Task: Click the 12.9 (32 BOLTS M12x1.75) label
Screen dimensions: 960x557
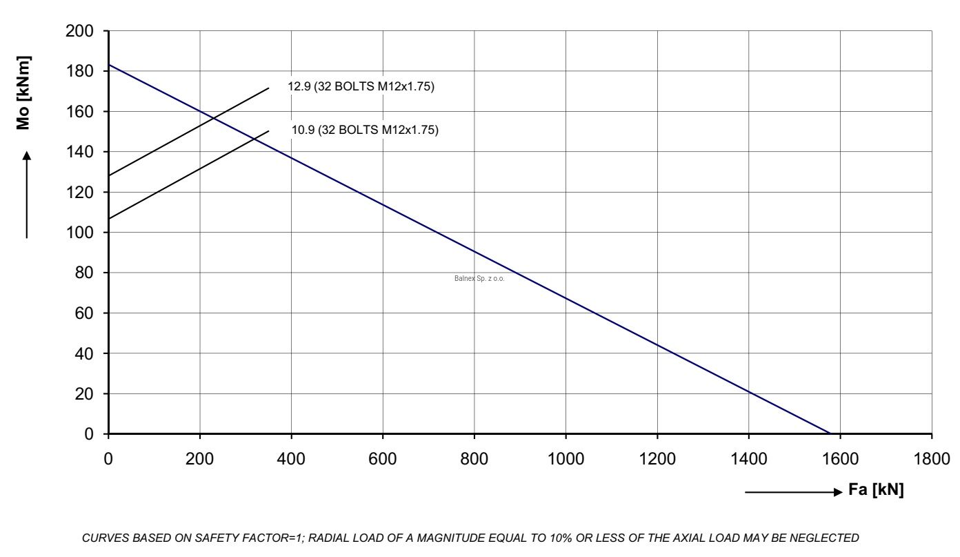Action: (361, 86)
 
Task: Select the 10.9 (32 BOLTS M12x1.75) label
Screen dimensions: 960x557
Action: (365, 130)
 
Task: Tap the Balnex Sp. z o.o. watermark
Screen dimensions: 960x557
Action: (479, 278)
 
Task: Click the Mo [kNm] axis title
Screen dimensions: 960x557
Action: (23, 92)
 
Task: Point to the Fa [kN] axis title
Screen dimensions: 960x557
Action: (876, 489)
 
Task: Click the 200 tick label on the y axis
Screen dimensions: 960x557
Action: (79, 31)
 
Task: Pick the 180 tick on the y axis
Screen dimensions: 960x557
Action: (79, 71)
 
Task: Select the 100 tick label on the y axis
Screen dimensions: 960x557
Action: (79, 233)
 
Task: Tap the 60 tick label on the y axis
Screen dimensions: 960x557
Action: (84, 313)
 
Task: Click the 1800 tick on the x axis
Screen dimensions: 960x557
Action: (932, 459)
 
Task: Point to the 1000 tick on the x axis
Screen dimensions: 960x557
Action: (566, 459)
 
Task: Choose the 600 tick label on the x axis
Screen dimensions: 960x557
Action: (383, 459)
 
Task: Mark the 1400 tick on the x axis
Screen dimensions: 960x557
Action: (749, 459)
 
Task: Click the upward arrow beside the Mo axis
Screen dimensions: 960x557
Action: (27, 195)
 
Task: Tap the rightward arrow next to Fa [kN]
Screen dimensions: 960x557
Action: (794, 492)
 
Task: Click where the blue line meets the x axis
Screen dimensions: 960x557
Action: (830, 433)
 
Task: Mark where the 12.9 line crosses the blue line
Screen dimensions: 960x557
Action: (213, 118)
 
